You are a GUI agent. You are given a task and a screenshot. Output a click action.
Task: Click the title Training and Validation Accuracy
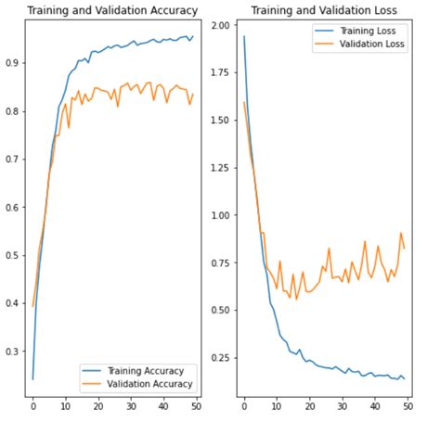pos(111,11)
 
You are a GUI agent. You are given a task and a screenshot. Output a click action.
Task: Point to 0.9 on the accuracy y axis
pos(13,63)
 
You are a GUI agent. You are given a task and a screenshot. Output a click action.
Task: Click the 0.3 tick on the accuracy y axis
pos(13,352)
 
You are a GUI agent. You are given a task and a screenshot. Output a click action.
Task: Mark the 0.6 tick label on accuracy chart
pos(13,207)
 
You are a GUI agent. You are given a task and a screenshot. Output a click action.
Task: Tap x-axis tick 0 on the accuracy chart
pos(33,405)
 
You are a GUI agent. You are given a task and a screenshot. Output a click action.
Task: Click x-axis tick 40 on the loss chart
pos(375,405)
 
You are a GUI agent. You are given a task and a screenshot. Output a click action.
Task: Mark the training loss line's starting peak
pos(243,37)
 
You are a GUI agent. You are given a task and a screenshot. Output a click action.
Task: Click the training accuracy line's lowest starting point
pos(33,378)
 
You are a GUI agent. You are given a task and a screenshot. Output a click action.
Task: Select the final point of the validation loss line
pos(404,248)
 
